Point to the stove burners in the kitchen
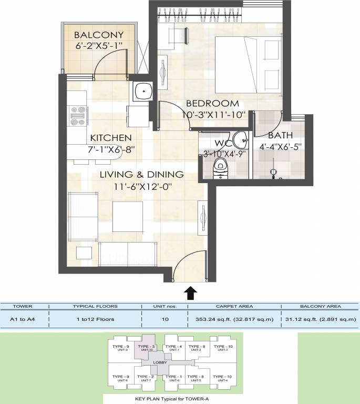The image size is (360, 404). pyautogui.click(x=78, y=116)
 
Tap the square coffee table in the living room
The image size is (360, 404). pyautogui.click(x=128, y=215)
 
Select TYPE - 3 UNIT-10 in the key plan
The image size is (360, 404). pyautogui.click(x=145, y=348)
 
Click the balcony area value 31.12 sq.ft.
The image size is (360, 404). pyautogui.click(x=320, y=318)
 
